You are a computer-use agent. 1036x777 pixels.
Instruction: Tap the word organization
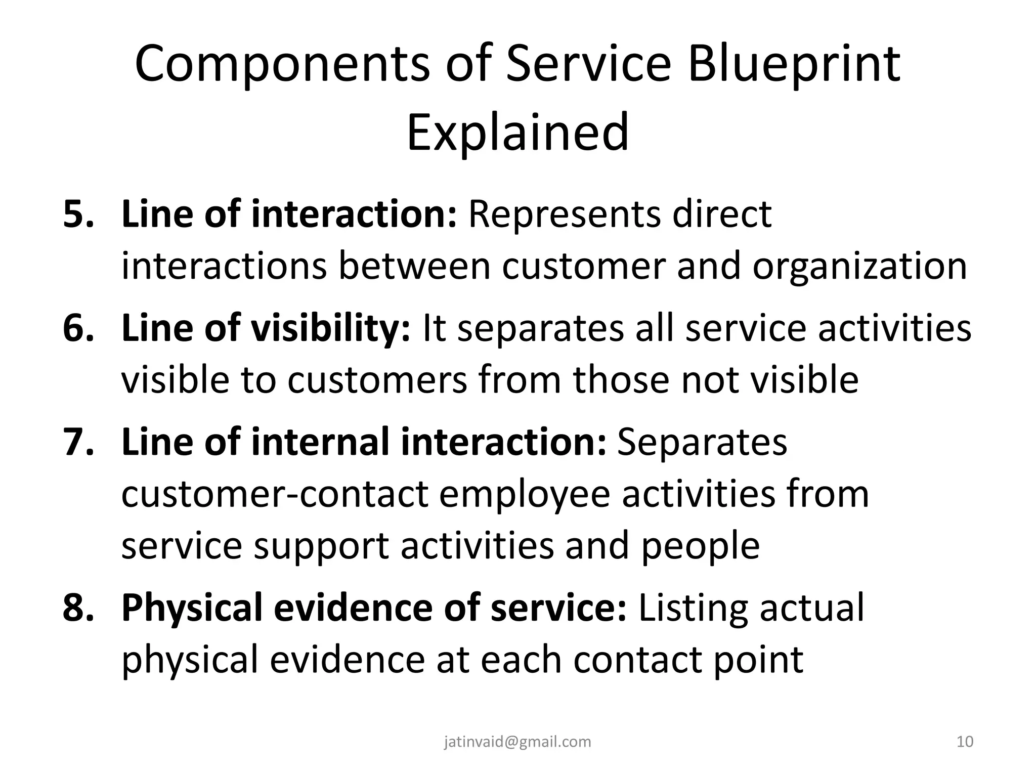(x=859, y=267)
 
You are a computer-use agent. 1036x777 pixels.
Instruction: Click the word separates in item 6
(x=539, y=328)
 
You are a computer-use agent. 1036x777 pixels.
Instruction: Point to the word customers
(x=377, y=380)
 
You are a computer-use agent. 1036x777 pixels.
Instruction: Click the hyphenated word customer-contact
(x=275, y=495)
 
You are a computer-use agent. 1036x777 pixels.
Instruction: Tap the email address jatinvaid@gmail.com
(x=517, y=742)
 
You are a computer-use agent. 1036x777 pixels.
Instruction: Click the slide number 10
(x=965, y=742)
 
